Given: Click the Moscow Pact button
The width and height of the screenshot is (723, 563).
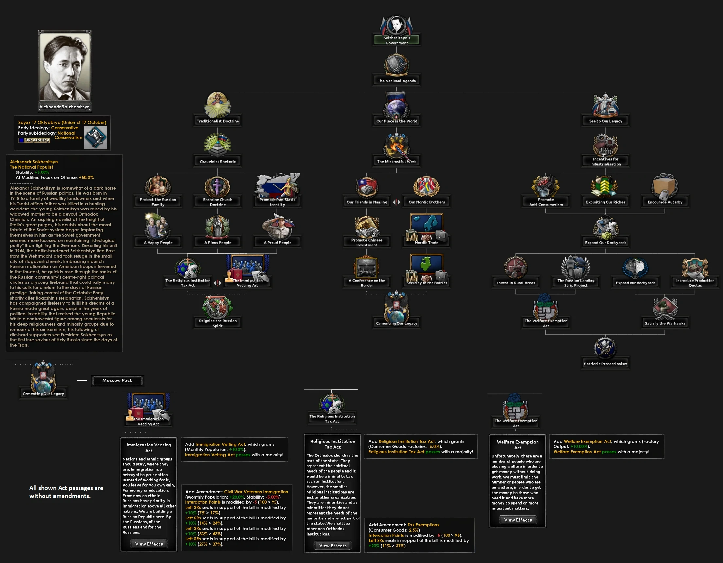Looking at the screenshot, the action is point(117,381).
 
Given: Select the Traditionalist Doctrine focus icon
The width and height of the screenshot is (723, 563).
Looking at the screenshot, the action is point(218,105).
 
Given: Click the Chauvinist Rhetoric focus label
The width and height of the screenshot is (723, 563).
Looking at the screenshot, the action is point(218,162).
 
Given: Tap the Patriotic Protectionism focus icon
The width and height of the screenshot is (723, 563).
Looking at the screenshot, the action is point(605,348).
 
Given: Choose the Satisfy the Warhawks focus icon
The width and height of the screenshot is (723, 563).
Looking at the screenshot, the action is point(665,308).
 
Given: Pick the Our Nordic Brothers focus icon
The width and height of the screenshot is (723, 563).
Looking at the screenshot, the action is point(426,187).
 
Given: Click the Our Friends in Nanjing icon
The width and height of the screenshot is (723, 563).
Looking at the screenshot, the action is point(366,188).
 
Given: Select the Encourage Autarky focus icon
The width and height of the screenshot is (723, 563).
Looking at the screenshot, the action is point(665,186).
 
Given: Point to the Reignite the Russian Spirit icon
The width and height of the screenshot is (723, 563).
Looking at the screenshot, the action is point(218,307).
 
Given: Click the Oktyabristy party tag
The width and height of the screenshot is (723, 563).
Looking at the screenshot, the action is point(35,140).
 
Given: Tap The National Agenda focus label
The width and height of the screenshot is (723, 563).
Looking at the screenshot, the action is point(397,81).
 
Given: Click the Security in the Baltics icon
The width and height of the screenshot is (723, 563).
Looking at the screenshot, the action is point(426,268).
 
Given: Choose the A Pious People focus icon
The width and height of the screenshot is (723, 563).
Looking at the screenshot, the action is point(218,227).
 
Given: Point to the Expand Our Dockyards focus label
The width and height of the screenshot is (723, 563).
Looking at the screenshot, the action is point(605,243).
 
